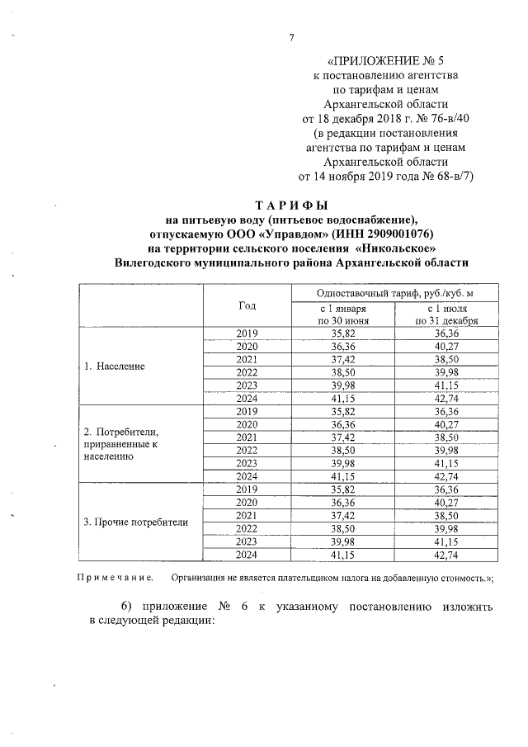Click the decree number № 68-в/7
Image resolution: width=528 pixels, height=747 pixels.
pos(437,176)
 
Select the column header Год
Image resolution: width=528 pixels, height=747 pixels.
pos(247,305)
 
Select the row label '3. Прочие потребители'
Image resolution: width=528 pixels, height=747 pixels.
pos(137,522)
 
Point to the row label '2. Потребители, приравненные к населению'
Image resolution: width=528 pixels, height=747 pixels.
pos(121,443)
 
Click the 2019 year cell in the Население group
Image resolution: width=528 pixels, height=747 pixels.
pos(247,333)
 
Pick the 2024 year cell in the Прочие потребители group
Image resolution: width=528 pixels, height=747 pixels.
pos(247,555)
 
